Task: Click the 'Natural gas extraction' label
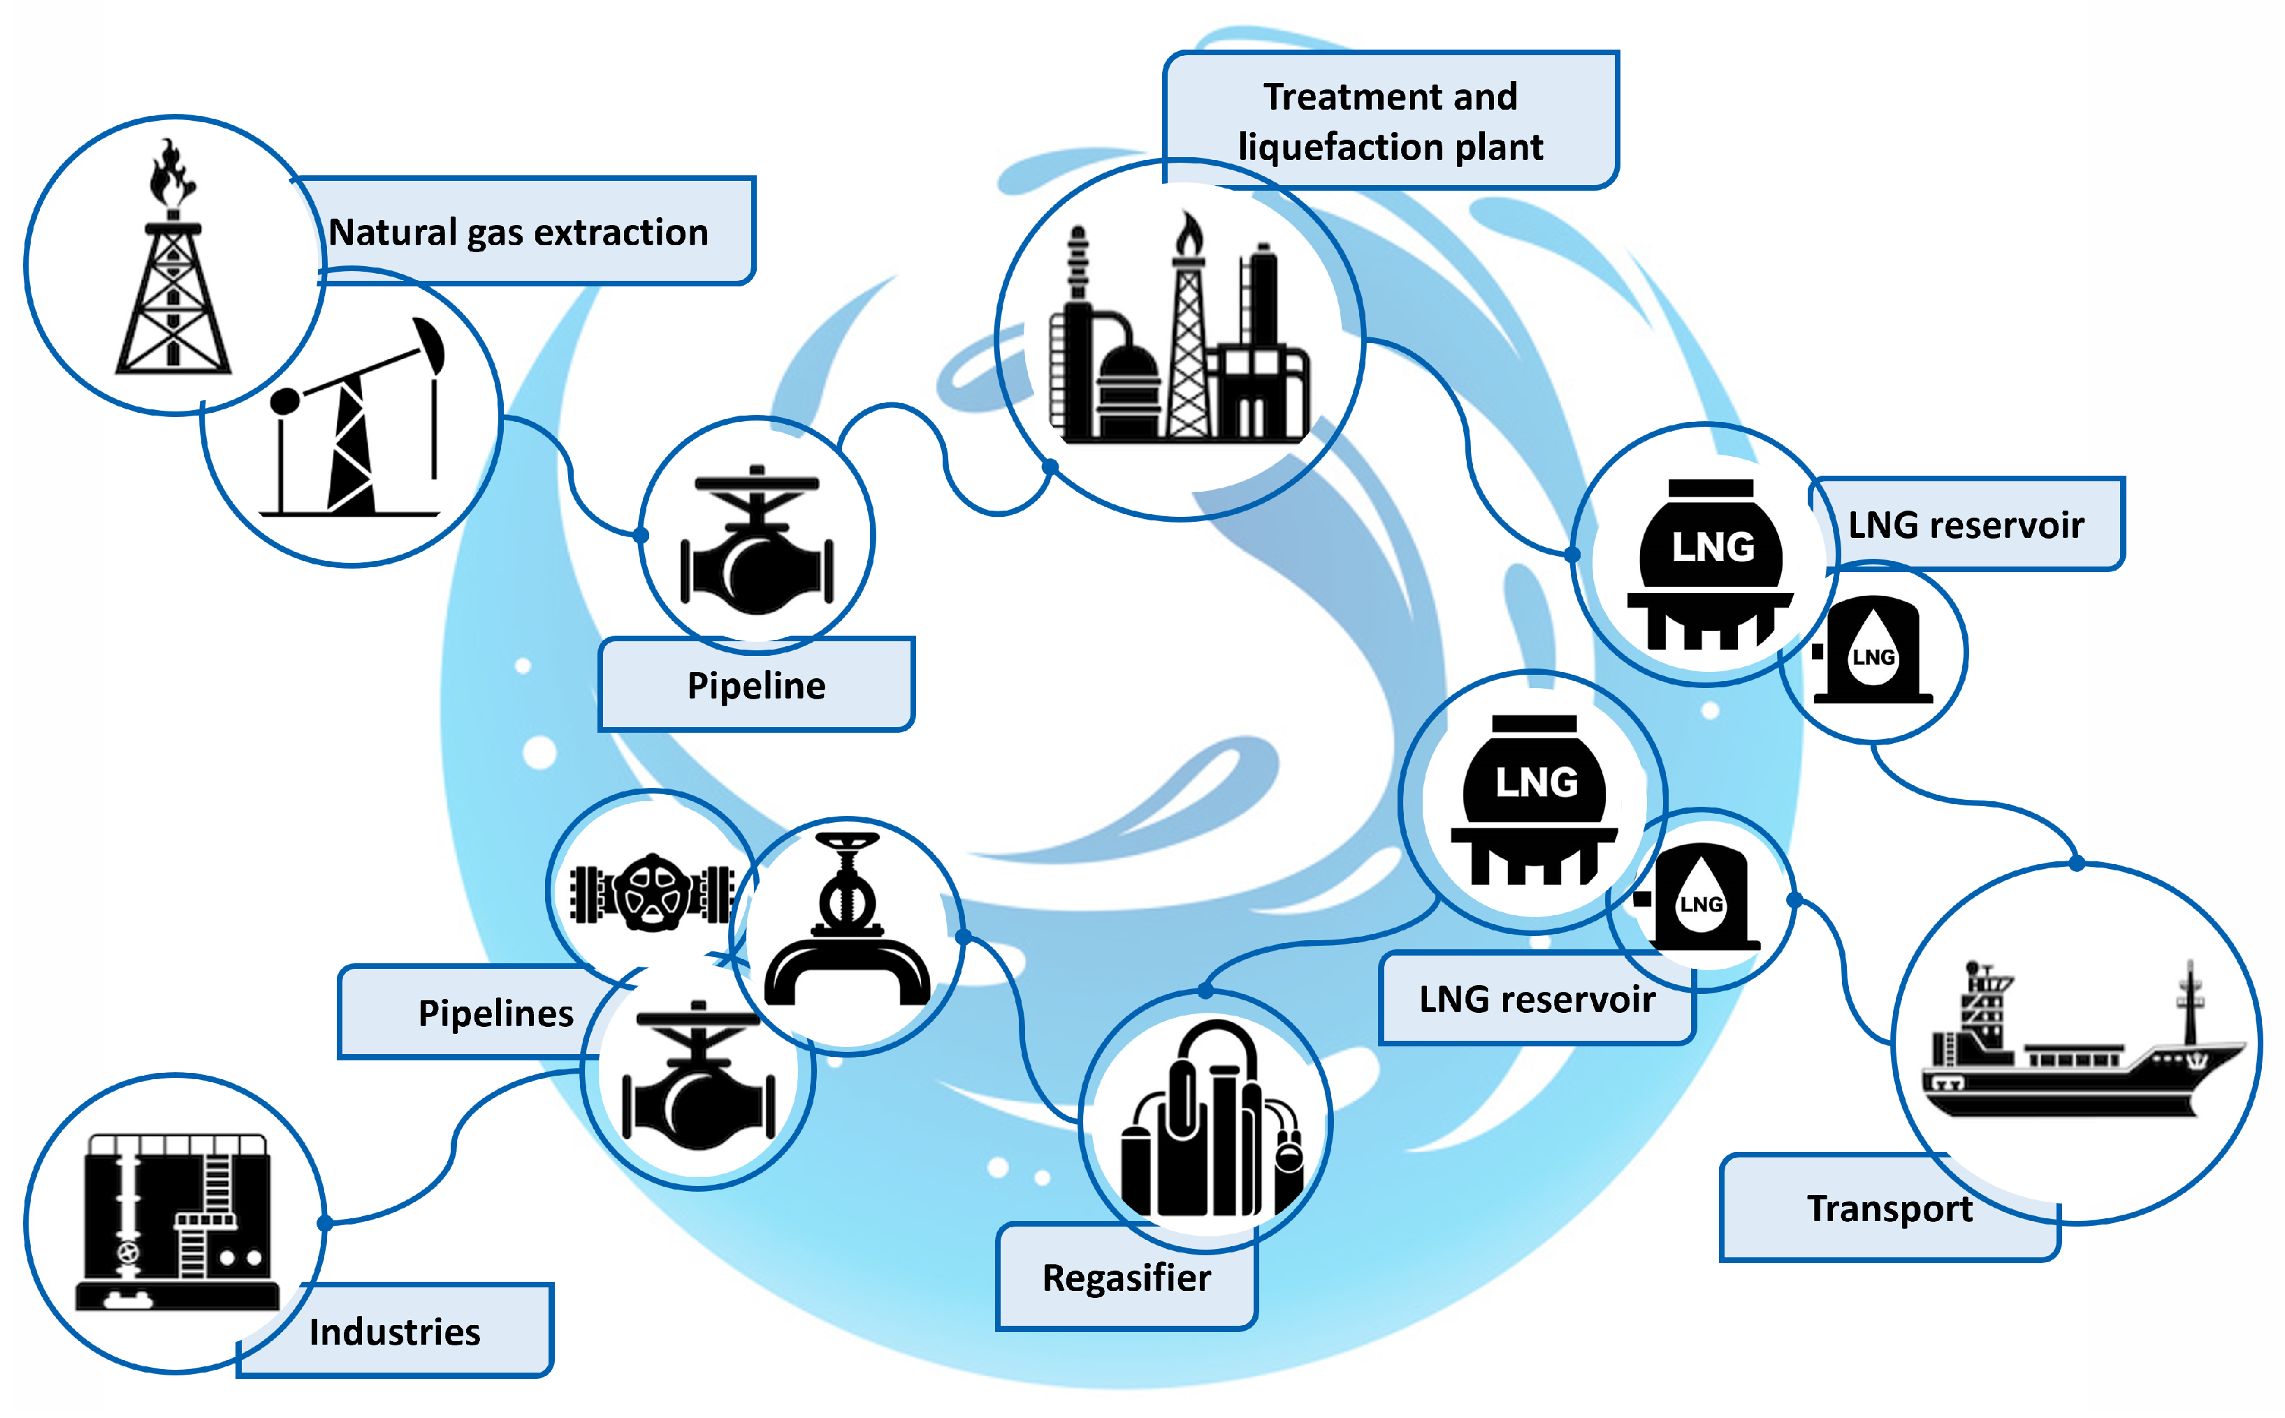(518, 232)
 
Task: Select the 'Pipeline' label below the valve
(756, 685)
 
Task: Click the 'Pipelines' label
(495, 1014)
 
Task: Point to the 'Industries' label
(395, 1331)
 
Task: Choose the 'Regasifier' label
(1126, 1278)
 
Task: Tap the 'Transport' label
(1889, 1209)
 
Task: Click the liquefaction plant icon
(1180, 337)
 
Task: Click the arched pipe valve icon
(847, 923)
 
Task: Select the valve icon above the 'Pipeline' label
(756, 542)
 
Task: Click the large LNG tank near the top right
(1709, 563)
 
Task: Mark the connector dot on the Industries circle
(324, 1223)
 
